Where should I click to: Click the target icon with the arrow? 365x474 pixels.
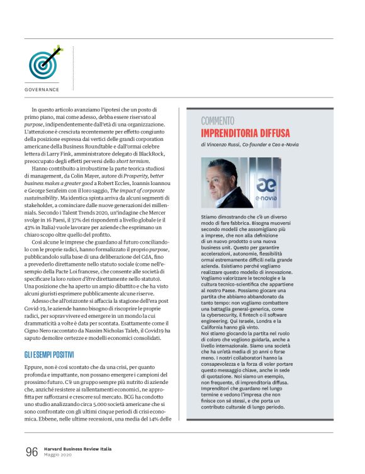click(x=43, y=62)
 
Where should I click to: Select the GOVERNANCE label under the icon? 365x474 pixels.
click(x=42, y=89)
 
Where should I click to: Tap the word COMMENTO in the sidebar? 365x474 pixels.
click(x=218, y=120)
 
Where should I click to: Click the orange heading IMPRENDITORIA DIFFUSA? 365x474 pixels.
click(x=245, y=133)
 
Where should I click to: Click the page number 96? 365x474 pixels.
click(x=31, y=451)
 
